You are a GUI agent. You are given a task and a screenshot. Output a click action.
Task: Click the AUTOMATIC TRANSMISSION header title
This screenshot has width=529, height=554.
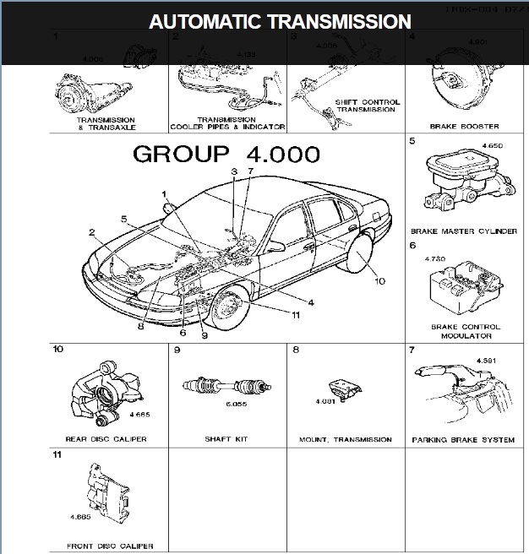click(280, 21)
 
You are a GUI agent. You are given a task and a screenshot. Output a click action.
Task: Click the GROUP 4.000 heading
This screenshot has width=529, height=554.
click(226, 155)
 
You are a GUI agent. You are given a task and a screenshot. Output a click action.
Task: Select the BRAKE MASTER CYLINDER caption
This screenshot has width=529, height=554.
click(463, 231)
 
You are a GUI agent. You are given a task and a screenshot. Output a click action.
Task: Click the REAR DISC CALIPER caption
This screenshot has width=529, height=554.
click(106, 439)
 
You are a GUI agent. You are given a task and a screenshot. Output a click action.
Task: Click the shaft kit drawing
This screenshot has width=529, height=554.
click(226, 388)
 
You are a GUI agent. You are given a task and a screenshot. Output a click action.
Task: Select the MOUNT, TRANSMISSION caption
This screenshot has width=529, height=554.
click(346, 439)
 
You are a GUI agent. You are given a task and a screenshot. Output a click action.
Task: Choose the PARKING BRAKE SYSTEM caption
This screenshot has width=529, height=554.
click(463, 439)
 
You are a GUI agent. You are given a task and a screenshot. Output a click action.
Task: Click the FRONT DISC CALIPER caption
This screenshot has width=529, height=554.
click(106, 546)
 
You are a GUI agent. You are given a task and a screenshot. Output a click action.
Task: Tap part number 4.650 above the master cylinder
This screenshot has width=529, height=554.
click(492, 146)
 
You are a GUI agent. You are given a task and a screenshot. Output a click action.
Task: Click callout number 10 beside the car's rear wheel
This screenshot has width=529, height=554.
click(379, 281)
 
